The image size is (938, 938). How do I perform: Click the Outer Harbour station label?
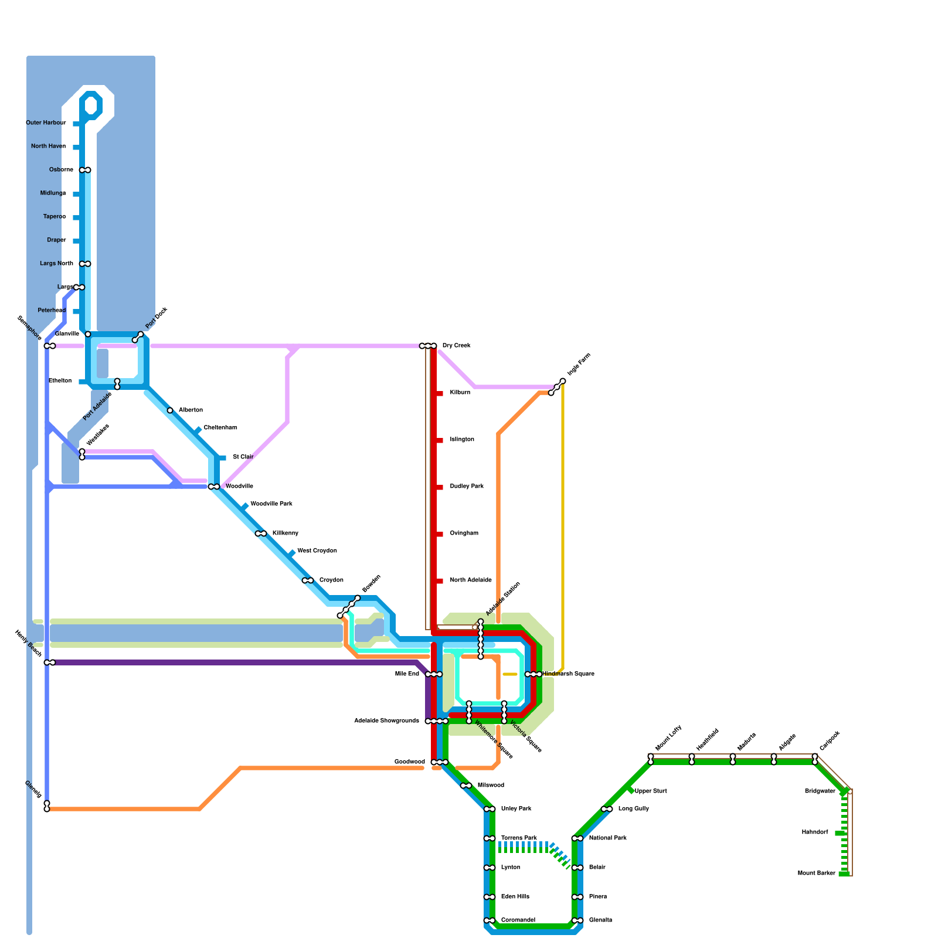coord(46,123)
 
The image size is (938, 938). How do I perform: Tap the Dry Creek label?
coord(456,346)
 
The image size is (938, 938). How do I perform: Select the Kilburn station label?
coord(460,393)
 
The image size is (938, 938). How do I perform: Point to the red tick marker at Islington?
coord(439,440)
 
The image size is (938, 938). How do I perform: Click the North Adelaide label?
coord(471,580)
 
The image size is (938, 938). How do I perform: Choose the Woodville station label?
coord(239,487)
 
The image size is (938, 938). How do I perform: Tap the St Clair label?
coord(243,457)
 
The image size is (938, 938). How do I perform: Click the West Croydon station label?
coord(317,551)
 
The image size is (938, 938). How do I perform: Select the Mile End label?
coord(407,674)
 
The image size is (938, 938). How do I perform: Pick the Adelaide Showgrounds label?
coord(386,721)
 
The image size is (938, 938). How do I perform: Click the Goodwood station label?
coord(409,762)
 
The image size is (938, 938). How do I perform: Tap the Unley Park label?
coord(516,809)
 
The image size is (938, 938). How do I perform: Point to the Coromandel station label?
coord(518,920)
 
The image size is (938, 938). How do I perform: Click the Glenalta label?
coord(600,920)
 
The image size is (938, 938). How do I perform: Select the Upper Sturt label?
coord(651,791)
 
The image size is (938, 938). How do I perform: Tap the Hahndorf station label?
coord(815,832)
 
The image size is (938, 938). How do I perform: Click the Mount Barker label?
coord(816,874)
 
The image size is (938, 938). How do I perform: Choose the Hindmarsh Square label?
coord(568,674)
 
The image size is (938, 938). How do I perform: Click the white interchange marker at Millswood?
coord(466,786)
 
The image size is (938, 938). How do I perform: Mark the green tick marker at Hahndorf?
coord(840,833)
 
